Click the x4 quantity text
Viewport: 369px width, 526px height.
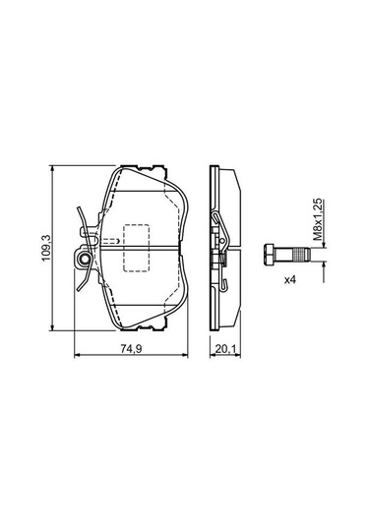290,281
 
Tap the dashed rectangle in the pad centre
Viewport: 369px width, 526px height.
135,251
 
